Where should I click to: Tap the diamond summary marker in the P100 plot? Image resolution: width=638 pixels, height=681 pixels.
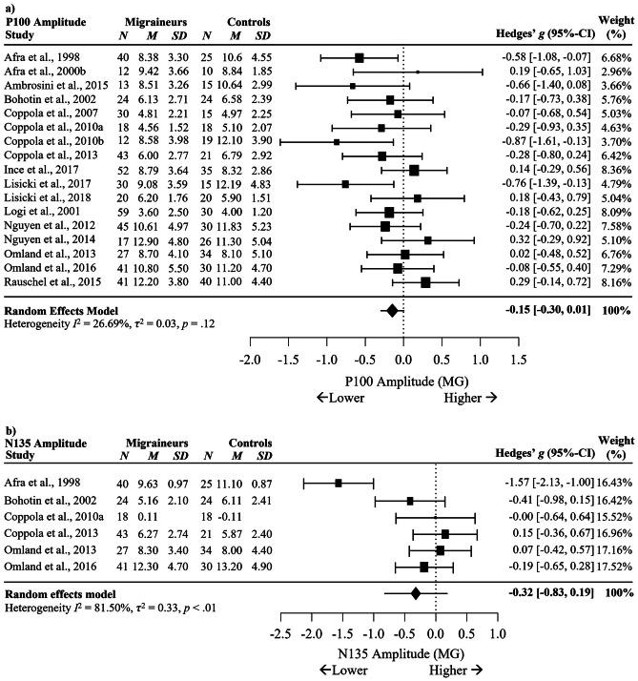(391, 283)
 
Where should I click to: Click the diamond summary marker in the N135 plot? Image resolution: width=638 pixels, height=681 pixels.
(415, 593)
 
